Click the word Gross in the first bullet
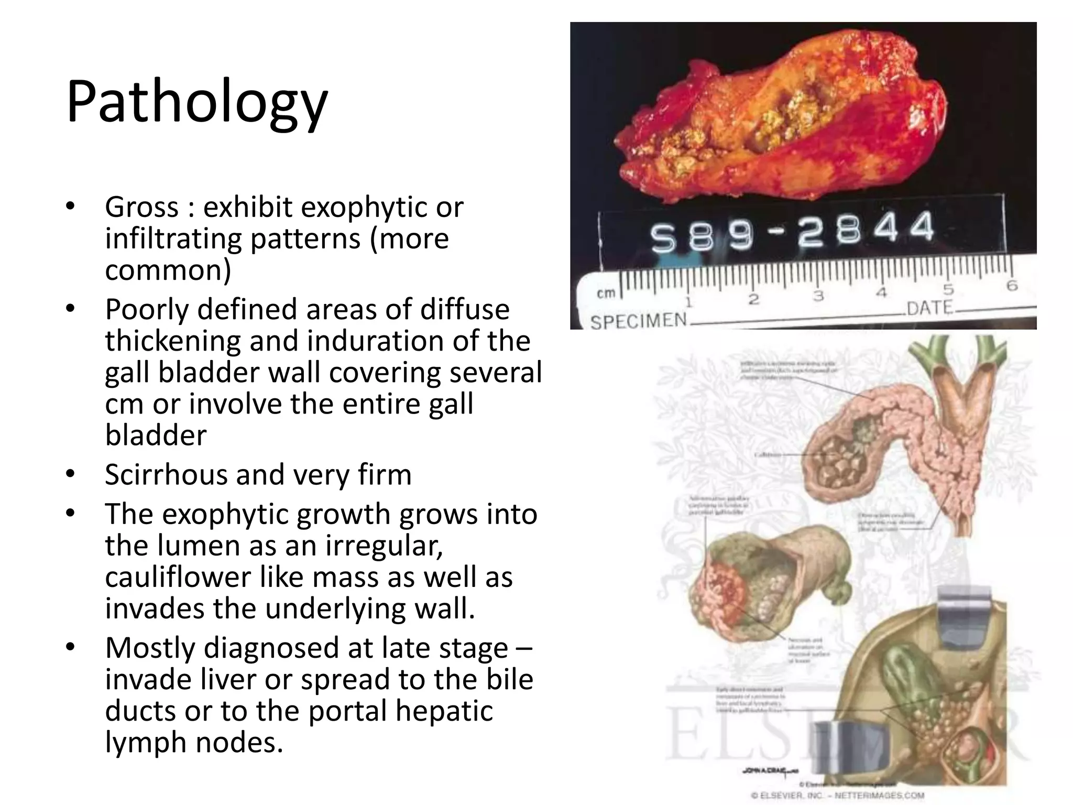coord(141,208)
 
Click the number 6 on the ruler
coord(1012,286)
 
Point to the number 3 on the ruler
coord(818,297)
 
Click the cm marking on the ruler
coord(606,293)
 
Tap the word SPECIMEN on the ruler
coord(639,320)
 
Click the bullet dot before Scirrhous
coord(71,474)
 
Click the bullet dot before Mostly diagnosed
coord(71,647)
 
